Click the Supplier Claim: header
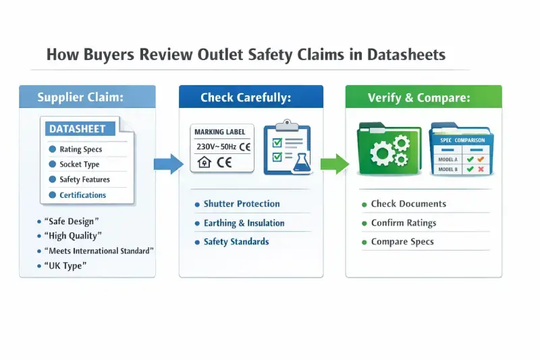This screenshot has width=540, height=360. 80,98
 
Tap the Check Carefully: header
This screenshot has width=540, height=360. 246,98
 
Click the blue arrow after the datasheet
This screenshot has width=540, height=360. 168,163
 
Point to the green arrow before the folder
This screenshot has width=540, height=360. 333,163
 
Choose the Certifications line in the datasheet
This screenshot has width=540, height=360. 82,195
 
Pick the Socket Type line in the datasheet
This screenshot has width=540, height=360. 79,164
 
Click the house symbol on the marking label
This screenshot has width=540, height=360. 204,162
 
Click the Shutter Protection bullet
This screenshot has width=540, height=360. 241,204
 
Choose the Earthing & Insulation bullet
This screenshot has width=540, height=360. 244,223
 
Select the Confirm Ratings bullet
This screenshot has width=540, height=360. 403,223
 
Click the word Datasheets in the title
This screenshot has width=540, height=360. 406,55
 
